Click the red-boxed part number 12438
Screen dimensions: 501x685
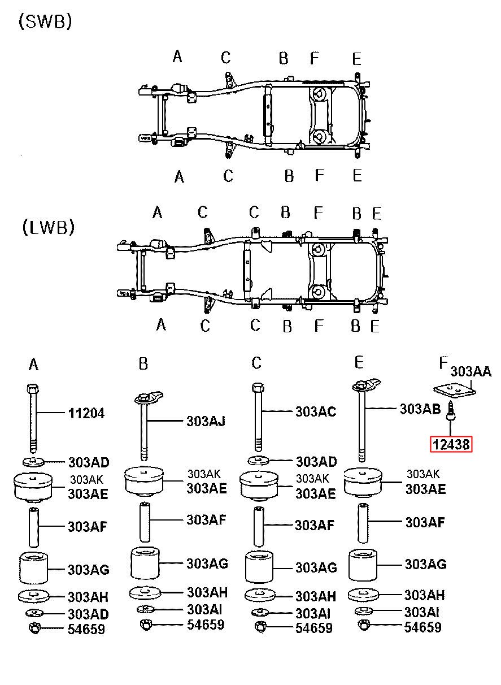[x=451, y=444]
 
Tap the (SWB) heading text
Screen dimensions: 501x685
[x=45, y=21]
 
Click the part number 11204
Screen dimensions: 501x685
[x=86, y=414]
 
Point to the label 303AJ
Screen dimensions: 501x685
[x=206, y=421]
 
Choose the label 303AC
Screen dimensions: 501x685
[x=316, y=411]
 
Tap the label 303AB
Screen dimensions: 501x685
[x=420, y=409]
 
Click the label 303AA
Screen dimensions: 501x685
[x=471, y=371]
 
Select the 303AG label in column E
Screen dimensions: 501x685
[x=425, y=564]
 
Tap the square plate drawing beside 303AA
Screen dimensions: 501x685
[x=455, y=391]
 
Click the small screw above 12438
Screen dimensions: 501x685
[x=451, y=410]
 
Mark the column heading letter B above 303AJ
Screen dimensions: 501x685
[x=143, y=364]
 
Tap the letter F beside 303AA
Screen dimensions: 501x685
[x=443, y=363]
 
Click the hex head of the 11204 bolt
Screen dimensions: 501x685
[x=33, y=389]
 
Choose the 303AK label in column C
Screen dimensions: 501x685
[x=312, y=479]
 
